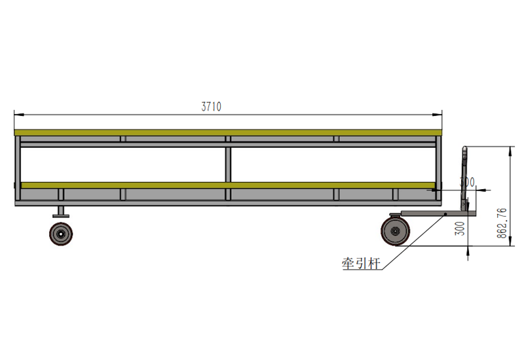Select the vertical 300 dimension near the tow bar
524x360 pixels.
pyautogui.click(x=460, y=228)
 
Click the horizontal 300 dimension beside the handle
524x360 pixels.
pyautogui.click(x=466, y=182)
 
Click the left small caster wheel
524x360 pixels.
pyautogui.click(x=61, y=234)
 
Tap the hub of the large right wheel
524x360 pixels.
pyautogui.click(x=395, y=231)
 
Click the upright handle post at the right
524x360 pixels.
pyautogui.click(x=464, y=177)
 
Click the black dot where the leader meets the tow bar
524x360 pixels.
pyautogui.click(x=445, y=214)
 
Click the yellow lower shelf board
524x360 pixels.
pyautogui.click(x=227, y=185)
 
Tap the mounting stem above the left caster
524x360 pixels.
pyautogui.click(x=62, y=211)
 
